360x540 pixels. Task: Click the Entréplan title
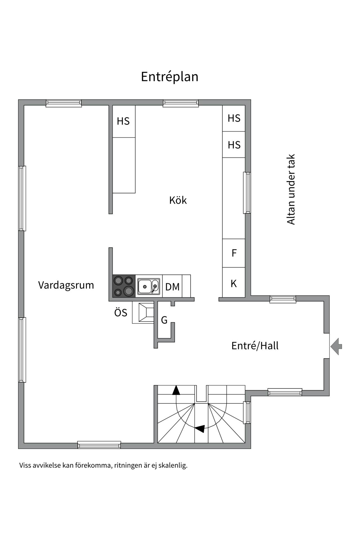(170, 77)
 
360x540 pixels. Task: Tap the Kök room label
(178, 200)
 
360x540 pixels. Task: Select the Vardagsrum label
(66, 285)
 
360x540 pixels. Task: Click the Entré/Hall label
(255, 346)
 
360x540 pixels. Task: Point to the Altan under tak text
(291, 189)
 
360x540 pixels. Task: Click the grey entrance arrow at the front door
(336, 346)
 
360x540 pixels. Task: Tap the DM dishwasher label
(172, 287)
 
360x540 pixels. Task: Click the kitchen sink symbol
(148, 287)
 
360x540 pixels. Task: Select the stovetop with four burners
(124, 286)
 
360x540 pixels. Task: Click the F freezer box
(234, 253)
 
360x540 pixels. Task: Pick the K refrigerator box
(233, 283)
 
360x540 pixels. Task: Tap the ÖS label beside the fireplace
(121, 313)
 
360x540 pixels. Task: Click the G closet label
(164, 320)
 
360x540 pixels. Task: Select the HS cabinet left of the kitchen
(123, 121)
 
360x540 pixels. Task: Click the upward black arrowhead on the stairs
(176, 390)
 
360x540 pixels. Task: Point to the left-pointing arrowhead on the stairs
(200, 429)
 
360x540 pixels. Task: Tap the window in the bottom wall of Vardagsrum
(99, 445)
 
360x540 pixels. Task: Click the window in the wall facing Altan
(247, 193)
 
